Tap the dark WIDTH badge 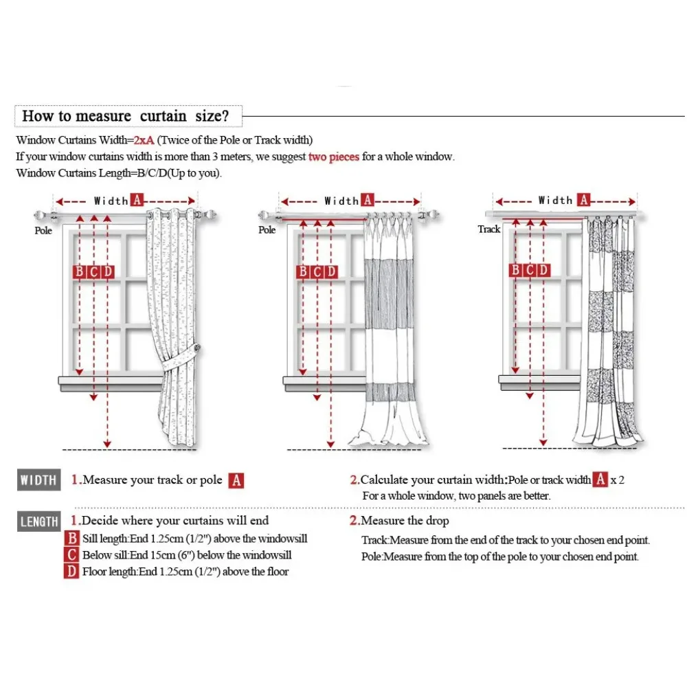point(38,480)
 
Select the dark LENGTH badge point(38,522)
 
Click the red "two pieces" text point(334,157)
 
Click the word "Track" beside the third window point(489,229)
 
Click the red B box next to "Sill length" point(72,539)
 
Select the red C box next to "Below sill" point(72,555)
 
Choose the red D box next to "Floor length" point(72,572)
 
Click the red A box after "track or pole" point(236,480)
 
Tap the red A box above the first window point(137,201)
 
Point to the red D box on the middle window point(331,272)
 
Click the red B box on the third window point(515,270)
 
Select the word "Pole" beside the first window point(43,231)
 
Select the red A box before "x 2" point(600,480)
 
